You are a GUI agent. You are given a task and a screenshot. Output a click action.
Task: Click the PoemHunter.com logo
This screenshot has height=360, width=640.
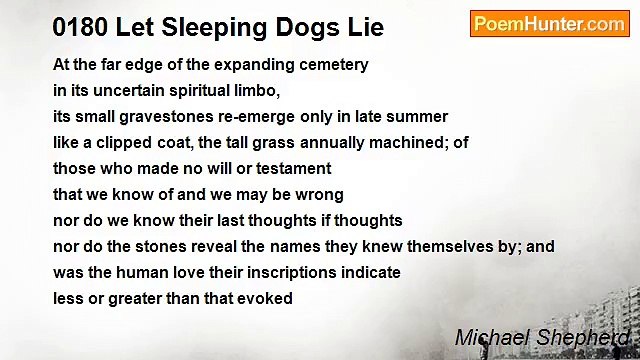(549, 24)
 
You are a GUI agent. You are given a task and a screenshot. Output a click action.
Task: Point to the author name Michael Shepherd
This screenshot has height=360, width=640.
(541, 339)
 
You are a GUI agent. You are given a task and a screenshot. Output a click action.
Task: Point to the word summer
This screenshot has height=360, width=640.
(419, 117)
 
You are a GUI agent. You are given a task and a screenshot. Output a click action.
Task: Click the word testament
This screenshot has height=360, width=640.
(293, 169)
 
